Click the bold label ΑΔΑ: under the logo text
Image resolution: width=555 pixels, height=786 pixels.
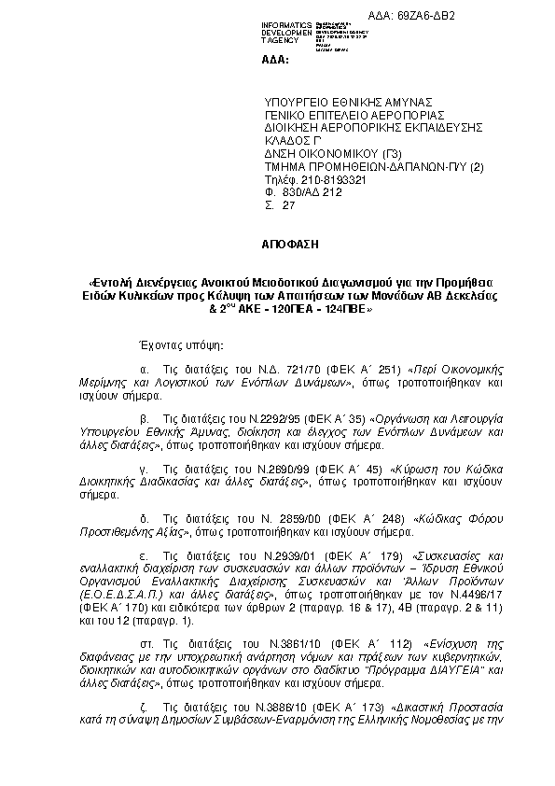pyautogui.click(x=277, y=59)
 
